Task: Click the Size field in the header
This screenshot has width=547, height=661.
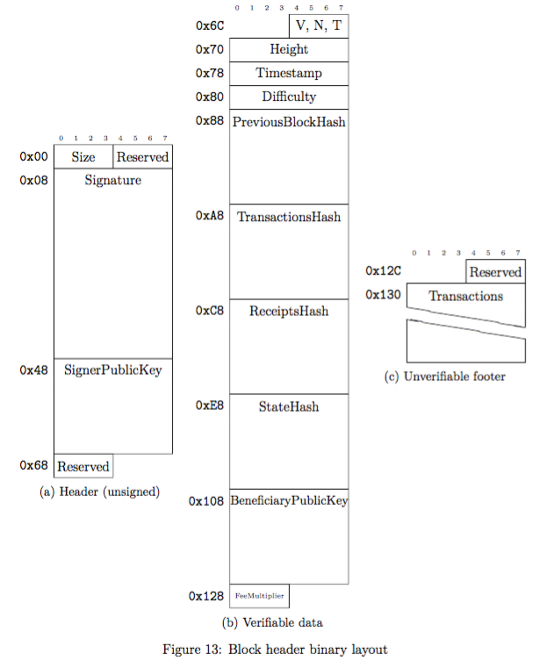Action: [x=83, y=157]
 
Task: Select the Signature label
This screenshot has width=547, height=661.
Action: [x=113, y=180]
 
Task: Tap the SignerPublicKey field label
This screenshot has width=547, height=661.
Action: [x=113, y=370]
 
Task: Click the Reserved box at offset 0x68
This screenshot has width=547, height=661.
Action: [x=83, y=466]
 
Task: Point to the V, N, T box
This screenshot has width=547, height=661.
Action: [x=319, y=26]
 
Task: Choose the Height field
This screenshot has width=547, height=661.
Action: [x=289, y=50]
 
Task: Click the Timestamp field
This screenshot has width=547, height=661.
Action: [x=289, y=74]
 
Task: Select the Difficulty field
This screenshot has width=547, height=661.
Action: [x=289, y=97]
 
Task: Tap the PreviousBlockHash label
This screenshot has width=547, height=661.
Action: [x=289, y=121]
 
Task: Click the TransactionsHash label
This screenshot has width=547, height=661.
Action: [x=289, y=216]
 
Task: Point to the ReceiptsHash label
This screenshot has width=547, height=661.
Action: [x=289, y=311]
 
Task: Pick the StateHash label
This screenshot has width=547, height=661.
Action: [x=289, y=406]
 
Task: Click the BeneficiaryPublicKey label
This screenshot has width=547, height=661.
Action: [x=289, y=501]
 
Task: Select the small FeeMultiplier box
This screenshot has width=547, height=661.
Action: [x=259, y=596]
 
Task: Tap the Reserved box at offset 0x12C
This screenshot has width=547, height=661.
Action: [x=495, y=272]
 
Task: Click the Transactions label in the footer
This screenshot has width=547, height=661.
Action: [x=465, y=296]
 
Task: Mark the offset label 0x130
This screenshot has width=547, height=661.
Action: [x=384, y=295]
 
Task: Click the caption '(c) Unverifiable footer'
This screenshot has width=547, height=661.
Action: [x=445, y=377]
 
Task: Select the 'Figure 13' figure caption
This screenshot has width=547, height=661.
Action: [x=275, y=649]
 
